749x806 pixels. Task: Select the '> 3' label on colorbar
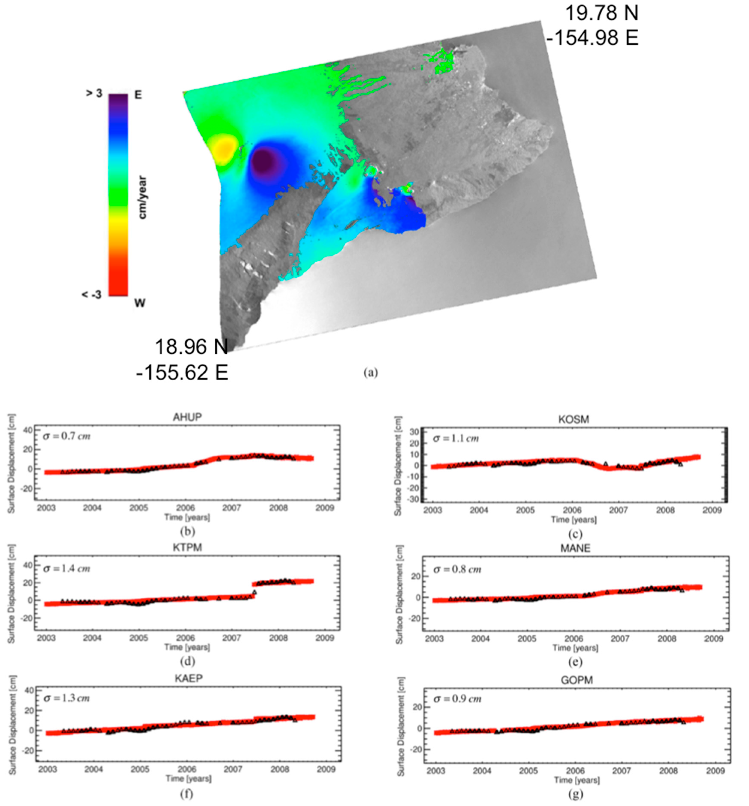pyautogui.click(x=94, y=94)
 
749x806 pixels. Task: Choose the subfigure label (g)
pyautogui.click(x=576, y=794)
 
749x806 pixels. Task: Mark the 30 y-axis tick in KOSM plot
pyautogui.click(x=414, y=432)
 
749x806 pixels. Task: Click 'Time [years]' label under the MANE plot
pyautogui.click(x=575, y=648)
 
